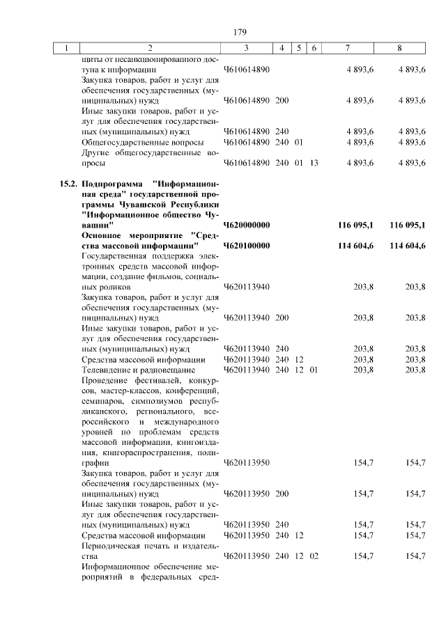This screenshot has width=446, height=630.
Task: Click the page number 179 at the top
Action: [240, 32]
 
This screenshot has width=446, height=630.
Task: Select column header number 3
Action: [247, 48]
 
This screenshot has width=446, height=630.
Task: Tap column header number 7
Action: [347, 48]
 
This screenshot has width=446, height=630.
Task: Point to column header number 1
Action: [67, 48]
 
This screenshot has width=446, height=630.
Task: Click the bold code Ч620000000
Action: [247, 225]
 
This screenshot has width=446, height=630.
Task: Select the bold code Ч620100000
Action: [247, 246]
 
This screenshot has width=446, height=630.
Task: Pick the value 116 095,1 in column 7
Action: [355, 225]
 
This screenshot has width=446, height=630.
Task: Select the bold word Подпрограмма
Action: [111, 184]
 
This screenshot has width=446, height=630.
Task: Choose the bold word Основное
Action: [105, 236]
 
